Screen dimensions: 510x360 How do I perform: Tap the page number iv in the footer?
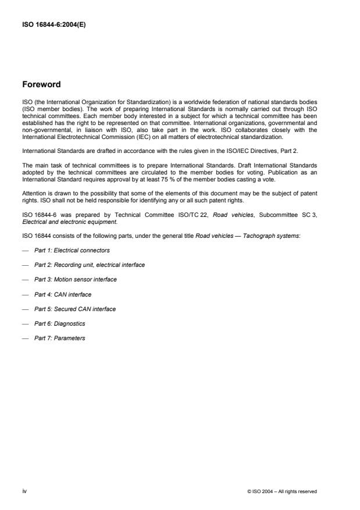(x=24, y=491)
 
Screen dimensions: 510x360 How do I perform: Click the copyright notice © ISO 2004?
(x=281, y=491)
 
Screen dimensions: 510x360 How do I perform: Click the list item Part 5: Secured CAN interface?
(x=74, y=309)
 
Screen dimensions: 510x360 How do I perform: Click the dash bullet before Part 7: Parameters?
(x=25, y=338)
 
